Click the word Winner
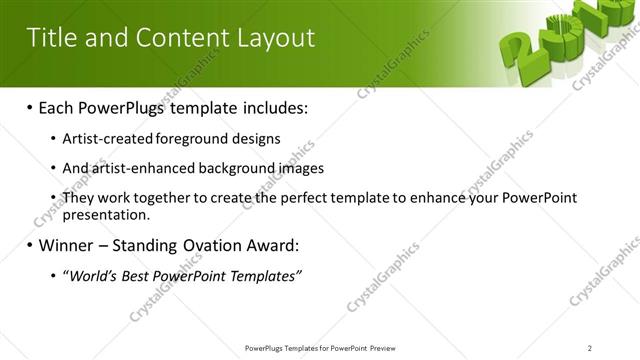coord(70,245)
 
